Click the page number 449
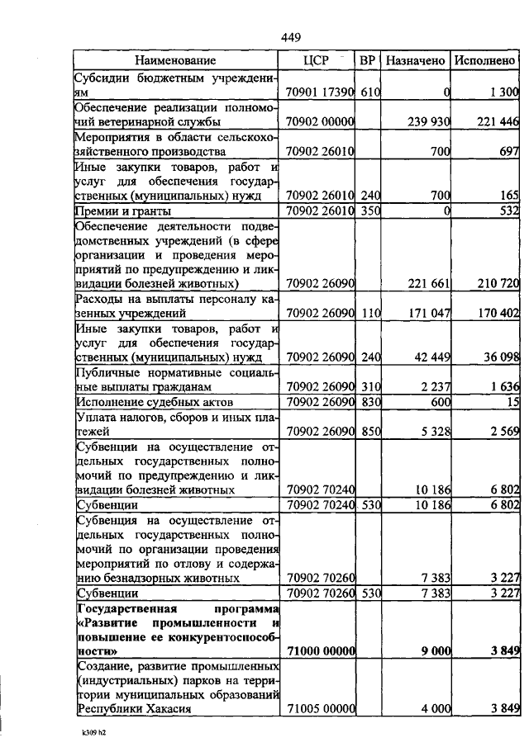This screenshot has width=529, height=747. coord(290,37)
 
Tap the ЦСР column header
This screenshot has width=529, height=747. coord(317,60)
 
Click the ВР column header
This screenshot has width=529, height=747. coord(369,60)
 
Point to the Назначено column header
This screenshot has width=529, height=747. coord(417,60)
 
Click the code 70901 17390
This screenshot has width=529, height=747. coord(319,92)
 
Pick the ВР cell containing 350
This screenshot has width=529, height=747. coord(369,211)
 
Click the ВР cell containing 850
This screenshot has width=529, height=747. coord(369,431)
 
